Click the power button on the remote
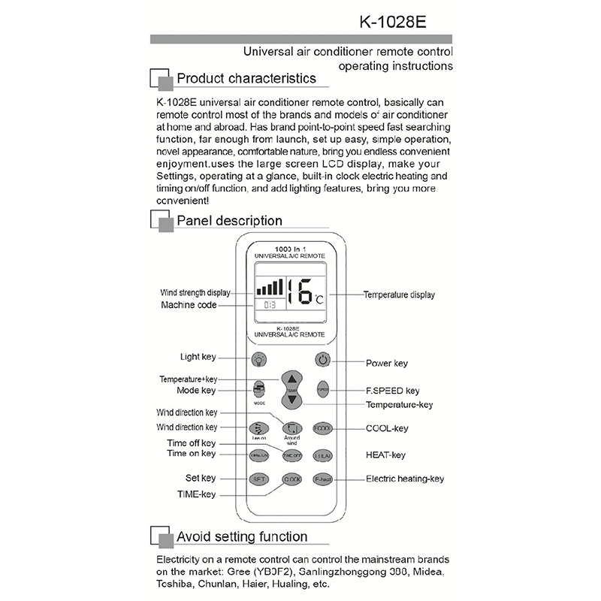click(x=322, y=360)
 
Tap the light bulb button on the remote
click(x=258, y=360)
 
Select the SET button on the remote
click(x=258, y=479)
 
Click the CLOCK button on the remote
click(x=291, y=479)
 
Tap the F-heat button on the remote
click(x=323, y=479)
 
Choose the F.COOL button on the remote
click(x=322, y=428)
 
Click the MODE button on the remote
click(x=259, y=389)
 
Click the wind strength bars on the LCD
click(x=270, y=287)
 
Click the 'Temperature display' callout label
click(x=399, y=295)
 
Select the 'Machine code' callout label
click(x=189, y=305)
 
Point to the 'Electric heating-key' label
click(x=405, y=479)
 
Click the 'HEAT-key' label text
click(x=385, y=455)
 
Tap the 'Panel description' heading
click(x=229, y=221)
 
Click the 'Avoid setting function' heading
click(x=241, y=536)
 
